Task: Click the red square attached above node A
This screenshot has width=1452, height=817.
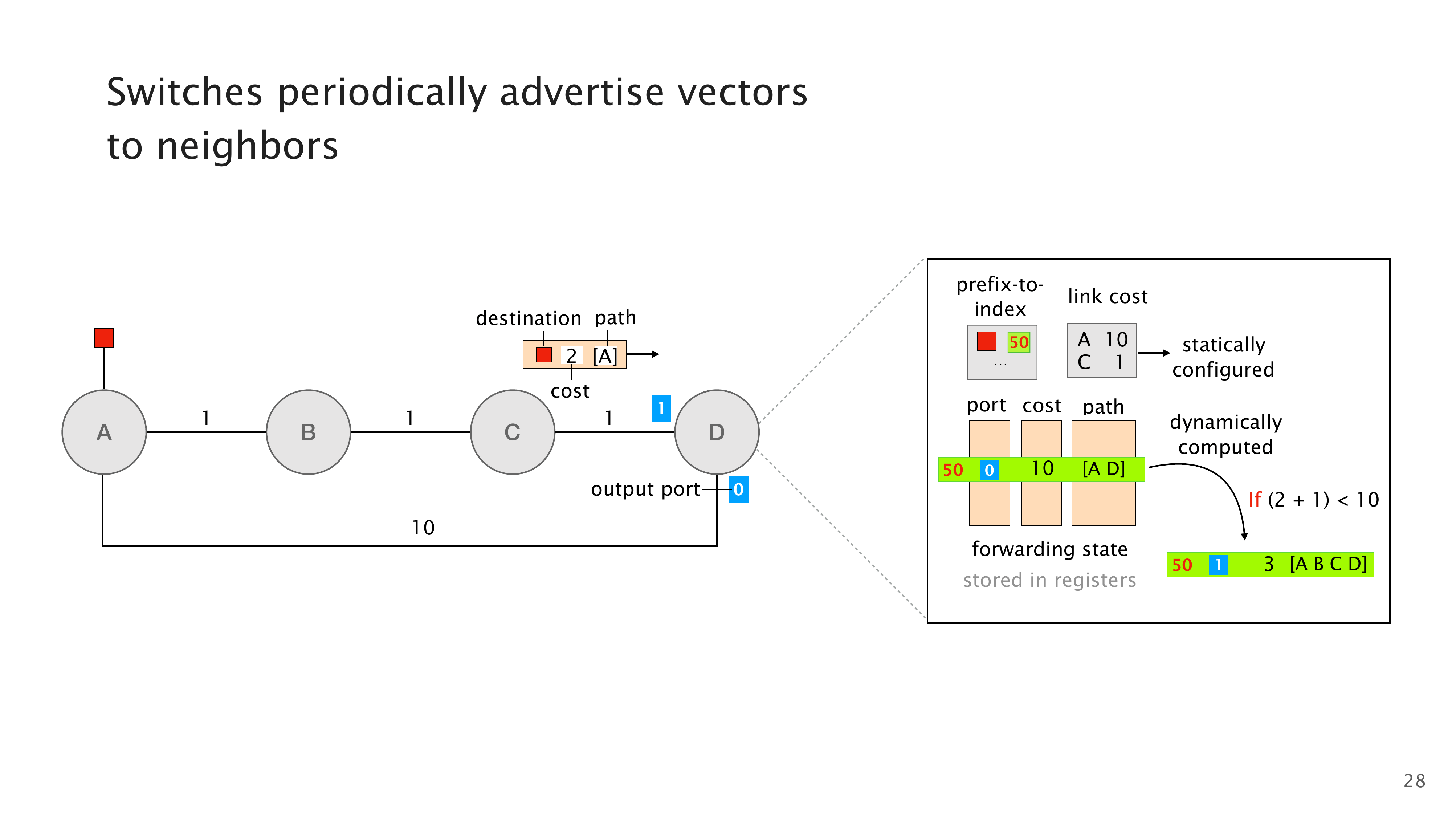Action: [x=104, y=338]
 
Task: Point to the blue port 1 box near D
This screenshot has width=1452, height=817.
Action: [x=661, y=408]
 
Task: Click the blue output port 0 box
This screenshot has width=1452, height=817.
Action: [x=738, y=489]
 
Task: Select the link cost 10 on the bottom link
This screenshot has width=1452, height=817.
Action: [x=423, y=528]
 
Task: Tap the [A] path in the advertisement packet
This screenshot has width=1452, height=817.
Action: [x=605, y=356]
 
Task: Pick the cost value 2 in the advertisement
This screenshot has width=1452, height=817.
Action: [x=572, y=356]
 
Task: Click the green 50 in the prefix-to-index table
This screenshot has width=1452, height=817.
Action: [x=1019, y=342]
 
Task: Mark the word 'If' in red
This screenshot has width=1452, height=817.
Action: [x=1255, y=500]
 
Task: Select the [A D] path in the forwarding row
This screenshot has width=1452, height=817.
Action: [x=1104, y=468]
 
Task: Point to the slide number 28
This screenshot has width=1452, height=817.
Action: [x=1414, y=781]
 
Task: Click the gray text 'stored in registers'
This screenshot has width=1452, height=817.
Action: [x=1049, y=580]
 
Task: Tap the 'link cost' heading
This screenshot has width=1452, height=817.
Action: [x=1108, y=297]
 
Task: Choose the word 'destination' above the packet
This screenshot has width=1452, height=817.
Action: [x=528, y=318]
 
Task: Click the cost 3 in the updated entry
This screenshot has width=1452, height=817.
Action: [x=1269, y=564]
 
